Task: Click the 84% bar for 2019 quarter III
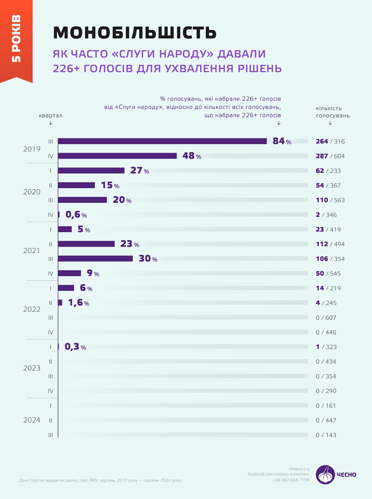point(162,141)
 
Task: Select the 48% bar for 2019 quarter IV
point(117,156)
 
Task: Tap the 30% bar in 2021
point(95,259)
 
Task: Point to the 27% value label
point(139,171)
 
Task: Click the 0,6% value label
point(76,215)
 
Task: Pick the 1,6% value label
point(79,303)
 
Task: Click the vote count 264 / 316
point(330,142)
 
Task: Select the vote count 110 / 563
point(330,200)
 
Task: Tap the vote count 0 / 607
point(326,318)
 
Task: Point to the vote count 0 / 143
point(326,435)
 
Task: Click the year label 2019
point(32,149)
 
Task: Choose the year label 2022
point(32,309)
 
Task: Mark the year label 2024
point(32,420)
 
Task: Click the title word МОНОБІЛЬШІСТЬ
point(135,32)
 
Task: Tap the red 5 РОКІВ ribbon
point(16,39)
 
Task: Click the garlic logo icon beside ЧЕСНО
point(325,475)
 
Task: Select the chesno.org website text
point(299,469)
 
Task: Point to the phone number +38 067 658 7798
point(291,480)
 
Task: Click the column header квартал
point(51,116)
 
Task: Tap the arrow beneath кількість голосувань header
point(330,123)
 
